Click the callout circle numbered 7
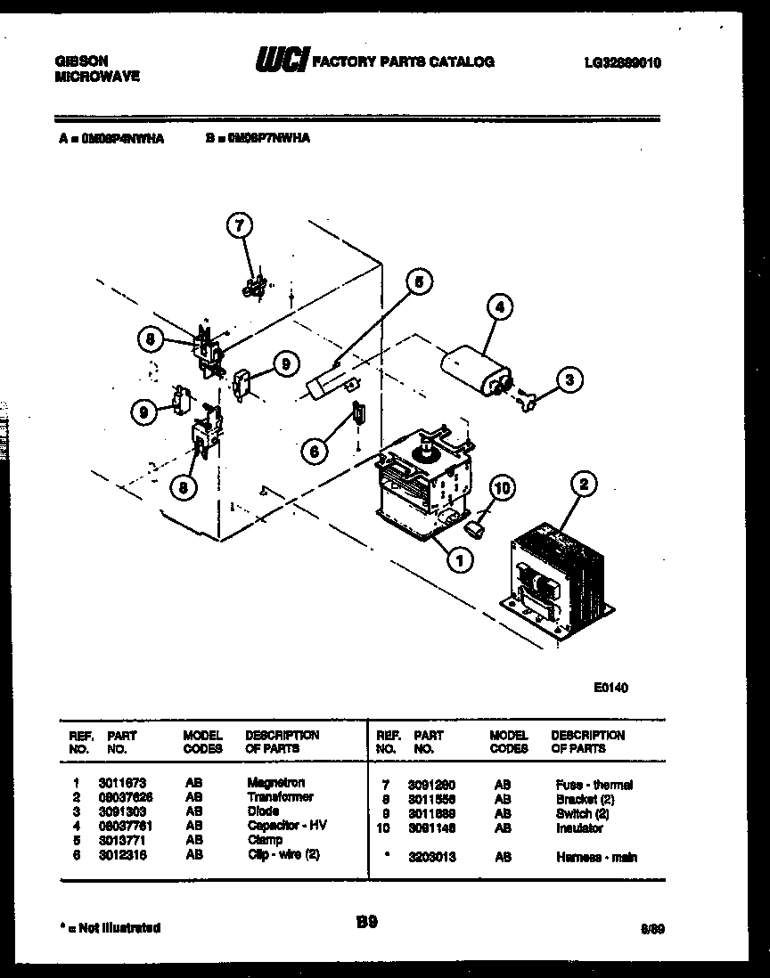(238, 227)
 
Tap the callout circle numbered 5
(420, 282)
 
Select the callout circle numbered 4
(500, 308)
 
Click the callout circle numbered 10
(503, 488)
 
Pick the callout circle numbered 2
(584, 485)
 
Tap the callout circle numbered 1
(460, 560)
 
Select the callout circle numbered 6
(313, 452)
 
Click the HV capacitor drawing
(478, 369)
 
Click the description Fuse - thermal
(594, 785)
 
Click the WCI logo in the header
(281, 61)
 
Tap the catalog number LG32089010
(622, 63)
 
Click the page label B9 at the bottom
(366, 924)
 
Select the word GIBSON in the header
(82, 61)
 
